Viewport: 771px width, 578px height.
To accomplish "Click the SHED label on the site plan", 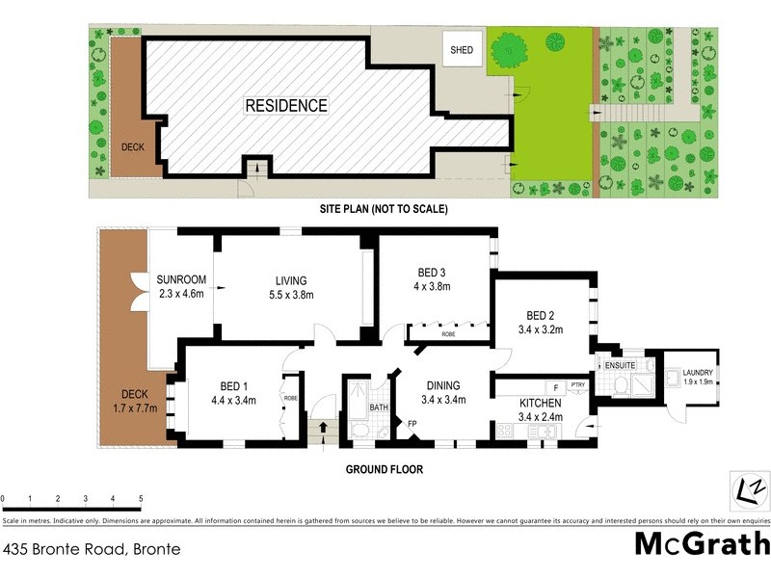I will (x=462, y=50).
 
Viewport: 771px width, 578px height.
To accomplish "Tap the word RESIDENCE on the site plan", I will (x=285, y=106).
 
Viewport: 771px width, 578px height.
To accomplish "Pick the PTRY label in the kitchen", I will (x=577, y=385).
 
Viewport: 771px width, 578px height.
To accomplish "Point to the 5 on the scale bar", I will (x=142, y=499).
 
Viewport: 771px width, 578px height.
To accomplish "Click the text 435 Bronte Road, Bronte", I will (x=92, y=550).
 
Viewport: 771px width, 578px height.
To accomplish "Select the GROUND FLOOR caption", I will (x=385, y=470).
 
